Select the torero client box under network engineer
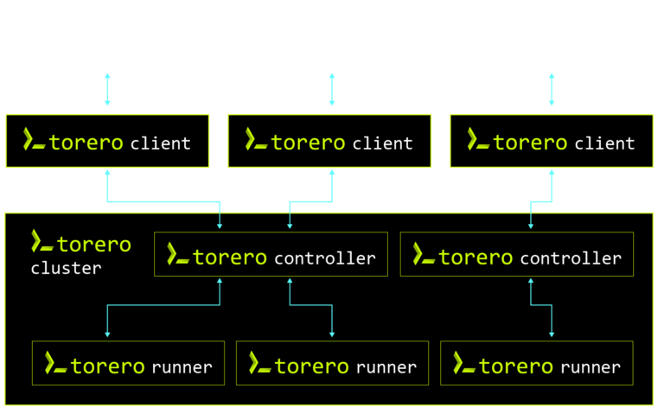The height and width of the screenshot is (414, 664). click(107, 141)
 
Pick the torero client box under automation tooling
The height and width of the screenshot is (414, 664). click(552, 141)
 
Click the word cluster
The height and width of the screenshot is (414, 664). click(66, 269)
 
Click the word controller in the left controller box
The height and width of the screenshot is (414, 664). click(324, 258)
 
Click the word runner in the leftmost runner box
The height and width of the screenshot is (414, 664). click(182, 367)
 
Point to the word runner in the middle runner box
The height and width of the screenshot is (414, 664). click(386, 367)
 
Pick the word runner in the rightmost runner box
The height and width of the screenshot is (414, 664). click(591, 367)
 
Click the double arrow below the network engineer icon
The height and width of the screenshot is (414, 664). click(107, 90)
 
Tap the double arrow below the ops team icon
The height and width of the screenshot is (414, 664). click(331, 90)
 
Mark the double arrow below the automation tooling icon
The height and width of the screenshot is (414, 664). click(552, 90)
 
